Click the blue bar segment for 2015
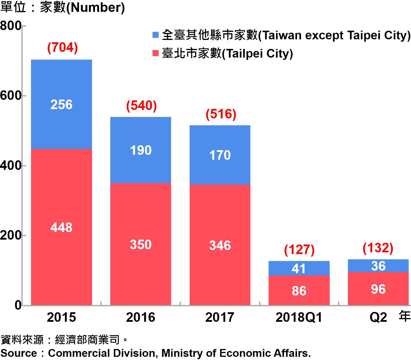(x=61, y=104)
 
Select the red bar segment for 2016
(x=141, y=244)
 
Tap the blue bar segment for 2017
(x=220, y=155)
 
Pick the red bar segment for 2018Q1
(x=299, y=290)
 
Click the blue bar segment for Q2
(x=378, y=266)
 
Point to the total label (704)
(x=63, y=48)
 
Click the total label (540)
(x=142, y=106)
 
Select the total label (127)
(x=299, y=250)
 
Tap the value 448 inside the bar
(x=61, y=227)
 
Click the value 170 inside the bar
(x=220, y=155)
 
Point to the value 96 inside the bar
(x=378, y=289)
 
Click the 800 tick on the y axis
(x=11, y=26)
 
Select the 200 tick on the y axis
(x=11, y=236)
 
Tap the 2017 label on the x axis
(x=220, y=317)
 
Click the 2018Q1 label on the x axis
(x=299, y=317)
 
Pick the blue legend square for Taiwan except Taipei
(x=155, y=35)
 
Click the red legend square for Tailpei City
(x=155, y=53)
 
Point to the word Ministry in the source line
(x=182, y=353)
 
